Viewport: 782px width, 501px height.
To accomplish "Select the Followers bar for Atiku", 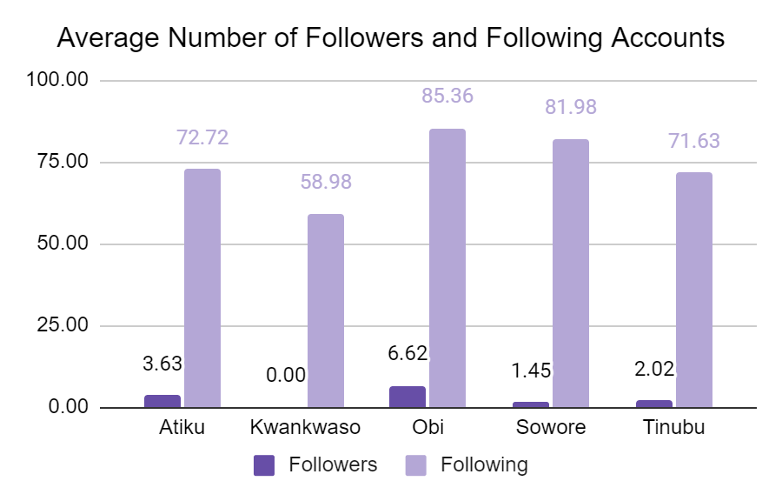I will coord(162,401).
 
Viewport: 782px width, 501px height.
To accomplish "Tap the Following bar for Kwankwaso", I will coord(325,311).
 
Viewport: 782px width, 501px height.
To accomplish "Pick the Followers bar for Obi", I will coord(408,397).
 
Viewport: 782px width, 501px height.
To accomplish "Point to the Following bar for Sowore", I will coord(571,273).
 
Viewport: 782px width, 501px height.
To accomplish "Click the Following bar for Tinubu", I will coord(694,290).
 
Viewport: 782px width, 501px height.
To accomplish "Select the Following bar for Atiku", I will coord(202,288).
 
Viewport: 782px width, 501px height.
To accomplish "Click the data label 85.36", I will coord(447,96).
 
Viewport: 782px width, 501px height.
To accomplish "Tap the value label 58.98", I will coord(325,182).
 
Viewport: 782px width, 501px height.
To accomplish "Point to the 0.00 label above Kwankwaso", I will coord(286,375).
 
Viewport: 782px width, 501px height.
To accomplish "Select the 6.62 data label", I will coord(408,353).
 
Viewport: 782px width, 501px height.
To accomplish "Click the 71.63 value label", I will coord(694,141).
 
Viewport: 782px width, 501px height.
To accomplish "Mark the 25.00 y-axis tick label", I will coord(63,325).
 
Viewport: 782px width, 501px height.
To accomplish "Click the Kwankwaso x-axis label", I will coord(305,428).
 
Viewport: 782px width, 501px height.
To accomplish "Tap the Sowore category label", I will coord(551,428).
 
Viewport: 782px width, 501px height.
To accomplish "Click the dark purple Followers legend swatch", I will coord(264,464).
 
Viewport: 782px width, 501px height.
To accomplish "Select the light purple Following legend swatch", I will coord(417,464).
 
